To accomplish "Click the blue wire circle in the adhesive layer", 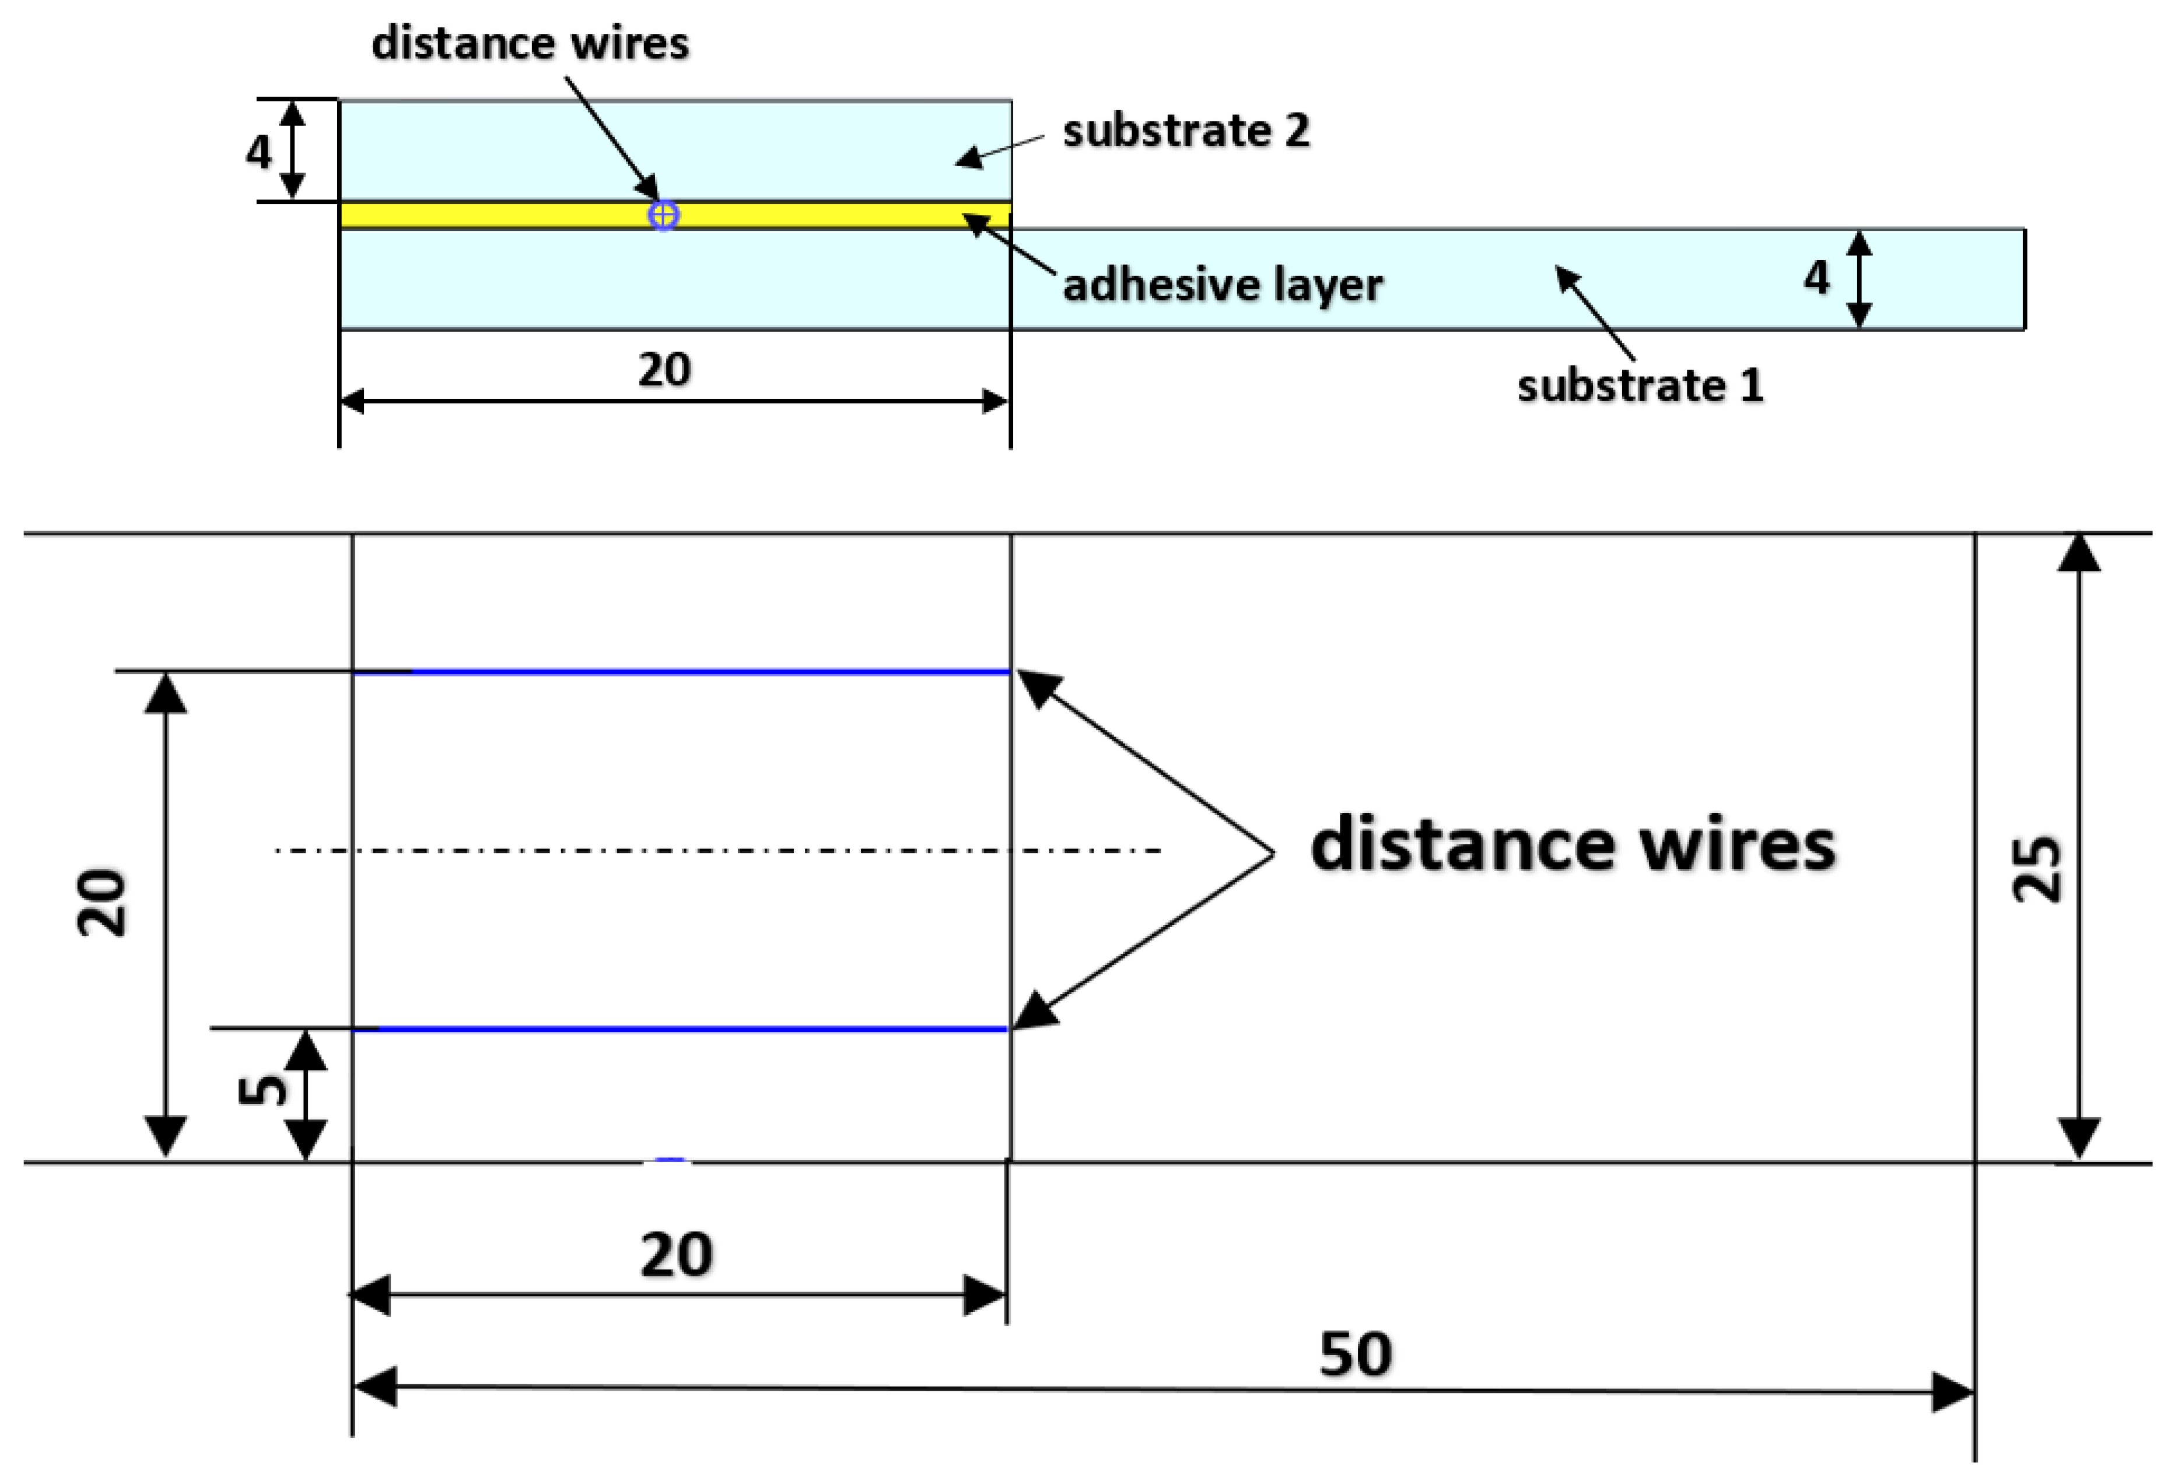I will click(663, 216).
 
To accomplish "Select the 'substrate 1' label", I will click(1640, 385).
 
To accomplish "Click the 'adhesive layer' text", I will click(1222, 285).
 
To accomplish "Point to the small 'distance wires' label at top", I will click(530, 44).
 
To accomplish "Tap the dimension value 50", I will click(1354, 1354).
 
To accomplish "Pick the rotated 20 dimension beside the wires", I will click(101, 903).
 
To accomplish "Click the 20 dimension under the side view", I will click(664, 370).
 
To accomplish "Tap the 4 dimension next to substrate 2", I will click(259, 151).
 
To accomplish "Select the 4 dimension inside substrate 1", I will click(1816, 278).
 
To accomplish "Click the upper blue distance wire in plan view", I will click(710, 672).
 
